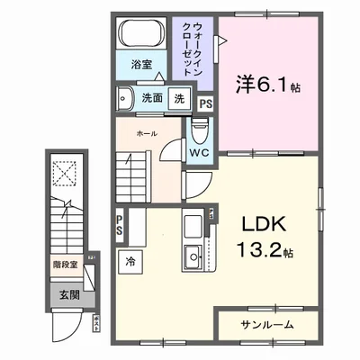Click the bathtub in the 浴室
pos(139,37)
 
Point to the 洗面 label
pos(151,97)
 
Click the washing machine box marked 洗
pos(179,97)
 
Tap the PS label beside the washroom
pos(206,103)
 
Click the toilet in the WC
pos(199,131)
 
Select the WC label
pos(198,152)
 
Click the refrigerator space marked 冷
pos(130,261)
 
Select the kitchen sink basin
pos(193,261)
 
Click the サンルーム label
pos(267,323)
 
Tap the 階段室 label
pos(64,265)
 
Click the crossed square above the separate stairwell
pos(65,173)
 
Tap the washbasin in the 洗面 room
pos(125,98)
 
